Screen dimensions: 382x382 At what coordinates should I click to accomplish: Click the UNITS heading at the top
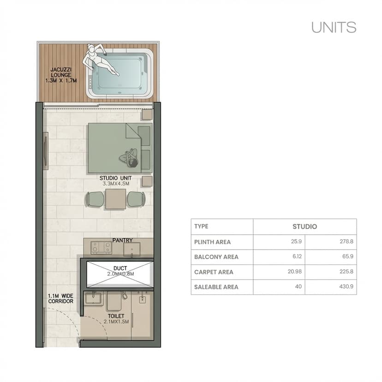tap(334, 27)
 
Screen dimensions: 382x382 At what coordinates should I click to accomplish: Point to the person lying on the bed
tap(130, 158)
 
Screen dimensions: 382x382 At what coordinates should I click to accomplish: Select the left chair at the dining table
tap(95, 199)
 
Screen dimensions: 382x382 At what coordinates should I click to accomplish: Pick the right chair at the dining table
tap(136, 199)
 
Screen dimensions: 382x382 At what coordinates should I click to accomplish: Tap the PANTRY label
tap(122, 240)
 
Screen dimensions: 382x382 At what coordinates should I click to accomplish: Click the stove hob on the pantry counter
tap(101, 248)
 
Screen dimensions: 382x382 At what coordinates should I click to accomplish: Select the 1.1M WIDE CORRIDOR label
tap(60, 299)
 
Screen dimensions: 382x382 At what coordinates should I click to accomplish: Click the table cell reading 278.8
tap(346, 242)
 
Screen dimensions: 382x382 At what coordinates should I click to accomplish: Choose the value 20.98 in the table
tap(294, 272)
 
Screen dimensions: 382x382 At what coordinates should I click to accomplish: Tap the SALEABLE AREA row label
tap(216, 287)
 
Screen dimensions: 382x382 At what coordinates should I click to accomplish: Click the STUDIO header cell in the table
tap(304, 227)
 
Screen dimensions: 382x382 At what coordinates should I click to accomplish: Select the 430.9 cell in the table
tap(346, 287)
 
